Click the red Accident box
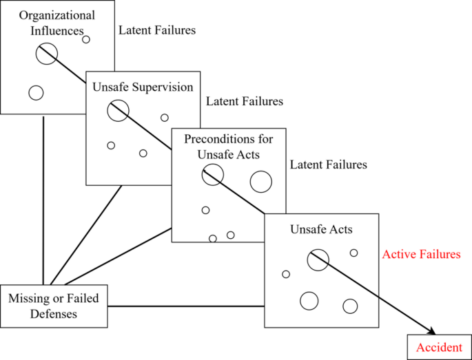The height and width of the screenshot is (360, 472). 439,347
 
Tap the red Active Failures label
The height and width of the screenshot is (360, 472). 421,255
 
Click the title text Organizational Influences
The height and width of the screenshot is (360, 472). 48,23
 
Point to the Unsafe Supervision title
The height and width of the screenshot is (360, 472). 143,87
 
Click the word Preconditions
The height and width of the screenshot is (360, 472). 228,140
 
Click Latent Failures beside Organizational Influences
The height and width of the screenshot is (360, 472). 157,30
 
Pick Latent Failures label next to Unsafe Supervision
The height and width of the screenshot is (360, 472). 245,101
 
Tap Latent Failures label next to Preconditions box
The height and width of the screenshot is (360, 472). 329,165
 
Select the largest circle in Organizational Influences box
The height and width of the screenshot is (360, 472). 47,53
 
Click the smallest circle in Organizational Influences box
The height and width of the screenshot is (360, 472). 86,39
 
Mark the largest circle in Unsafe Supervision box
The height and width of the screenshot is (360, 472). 118,110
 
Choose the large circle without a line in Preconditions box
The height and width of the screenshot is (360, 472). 260,182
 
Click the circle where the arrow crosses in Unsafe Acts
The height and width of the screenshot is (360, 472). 318,260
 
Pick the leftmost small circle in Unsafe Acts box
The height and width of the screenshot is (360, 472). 286,274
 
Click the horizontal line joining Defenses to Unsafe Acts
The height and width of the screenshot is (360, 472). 186,306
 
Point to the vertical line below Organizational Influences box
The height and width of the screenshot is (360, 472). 43,200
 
